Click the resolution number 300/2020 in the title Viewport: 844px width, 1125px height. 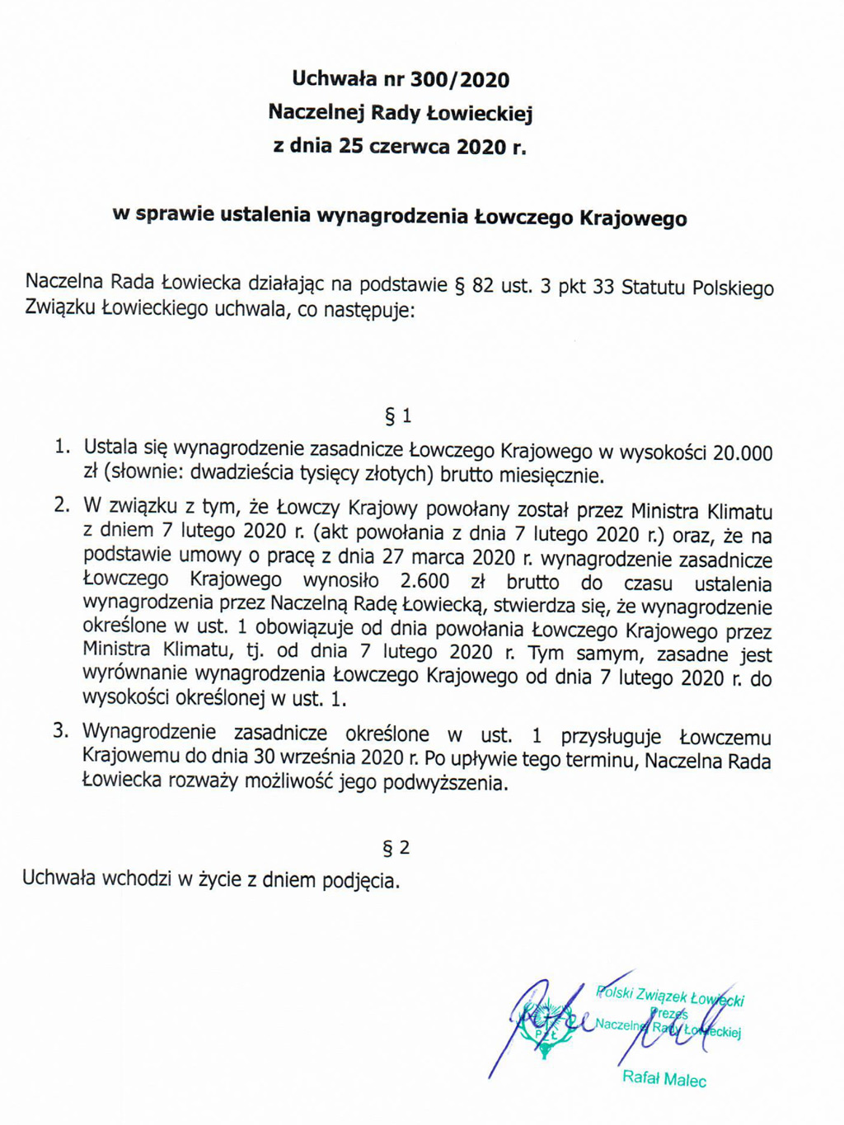[x=460, y=80]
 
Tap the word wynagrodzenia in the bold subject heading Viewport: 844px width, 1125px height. [x=393, y=216]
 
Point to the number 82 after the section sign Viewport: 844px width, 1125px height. [x=483, y=286]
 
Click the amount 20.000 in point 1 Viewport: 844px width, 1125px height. [x=743, y=452]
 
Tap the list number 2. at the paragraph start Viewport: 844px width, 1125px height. [x=62, y=505]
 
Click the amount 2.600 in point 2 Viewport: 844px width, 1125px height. [x=424, y=581]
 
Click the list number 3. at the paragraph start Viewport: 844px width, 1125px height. [x=61, y=730]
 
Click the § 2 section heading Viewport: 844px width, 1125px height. [x=396, y=847]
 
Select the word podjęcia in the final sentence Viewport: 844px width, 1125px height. [x=360, y=880]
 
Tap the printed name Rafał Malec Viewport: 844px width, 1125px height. [x=664, y=1078]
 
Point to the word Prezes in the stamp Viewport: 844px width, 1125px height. [x=668, y=1013]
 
